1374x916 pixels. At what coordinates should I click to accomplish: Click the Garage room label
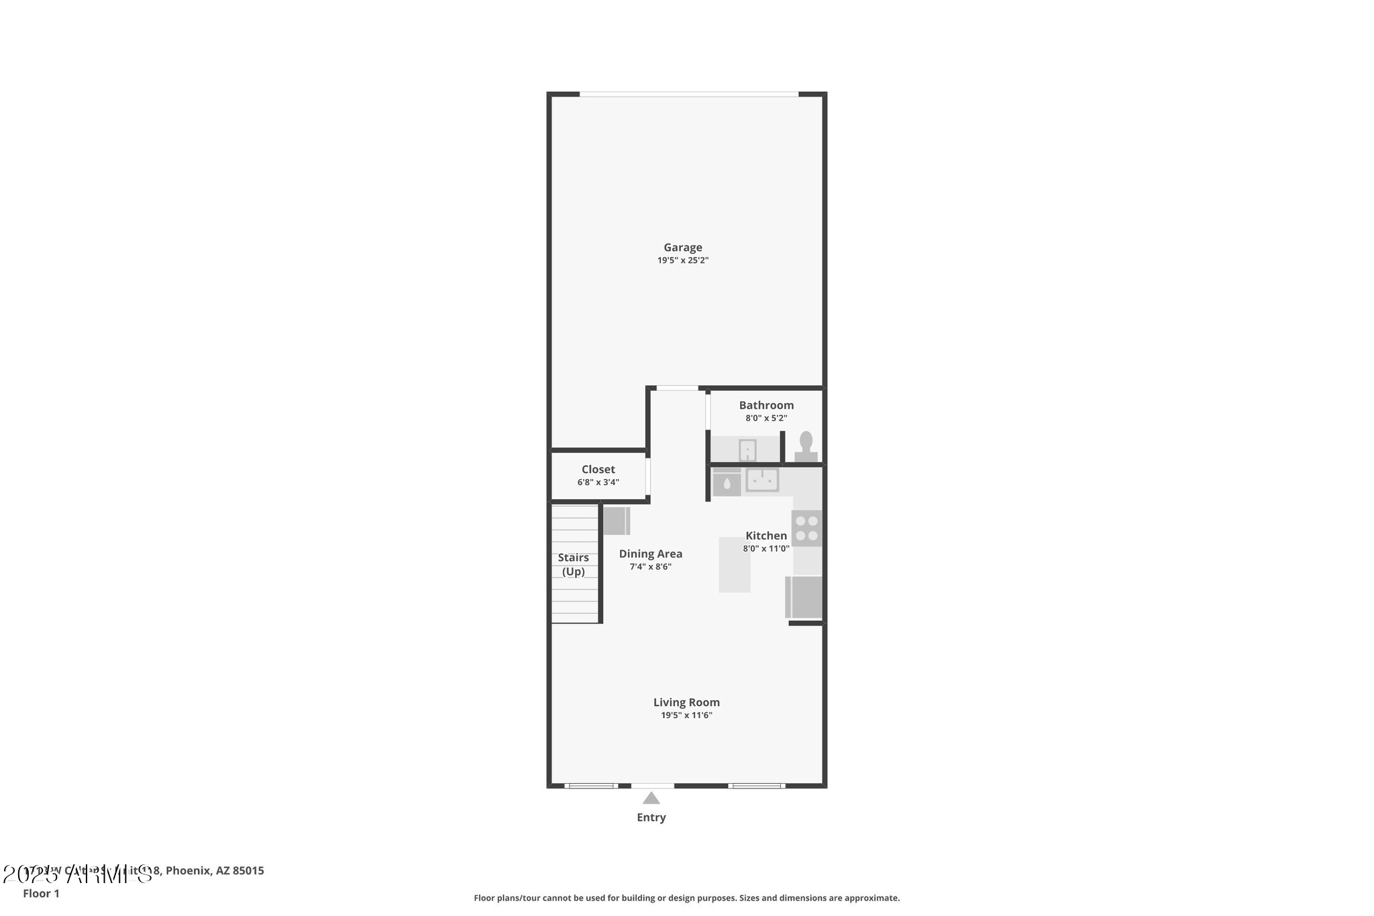tap(683, 248)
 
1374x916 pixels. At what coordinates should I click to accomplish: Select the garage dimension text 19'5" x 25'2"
tap(683, 260)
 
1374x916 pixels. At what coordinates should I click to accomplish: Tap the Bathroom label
tap(766, 405)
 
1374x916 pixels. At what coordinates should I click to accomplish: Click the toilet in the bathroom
tap(806, 446)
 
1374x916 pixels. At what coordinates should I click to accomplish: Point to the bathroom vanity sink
tap(747, 450)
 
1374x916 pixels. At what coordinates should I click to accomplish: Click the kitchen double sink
tap(762, 480)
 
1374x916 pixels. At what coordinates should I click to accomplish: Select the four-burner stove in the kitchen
tap(806, 528)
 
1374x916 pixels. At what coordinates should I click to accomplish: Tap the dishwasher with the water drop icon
tap(727, 482)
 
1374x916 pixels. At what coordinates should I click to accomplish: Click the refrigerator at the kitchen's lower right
tap(804, 597)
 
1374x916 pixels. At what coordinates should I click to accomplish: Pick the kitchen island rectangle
tap(735, 564)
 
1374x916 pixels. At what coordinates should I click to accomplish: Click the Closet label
tap(598, 470)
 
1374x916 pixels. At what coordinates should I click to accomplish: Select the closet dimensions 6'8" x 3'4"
tap(598, 482)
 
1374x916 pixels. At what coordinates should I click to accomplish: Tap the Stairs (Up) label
tap(574, 564)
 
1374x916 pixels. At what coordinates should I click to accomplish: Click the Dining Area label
tap(650, 554)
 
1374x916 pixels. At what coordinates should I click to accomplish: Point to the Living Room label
tap(686, 703)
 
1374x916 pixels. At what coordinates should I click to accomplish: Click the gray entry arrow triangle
tap(651, 799)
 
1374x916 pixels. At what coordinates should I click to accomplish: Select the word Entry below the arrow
tap(651, 817)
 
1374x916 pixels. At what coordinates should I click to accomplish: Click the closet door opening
tap(648, 476)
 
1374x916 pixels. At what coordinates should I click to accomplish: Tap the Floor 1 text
tap(41, 894)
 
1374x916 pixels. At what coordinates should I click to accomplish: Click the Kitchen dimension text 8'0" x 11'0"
tap(765, 549)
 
